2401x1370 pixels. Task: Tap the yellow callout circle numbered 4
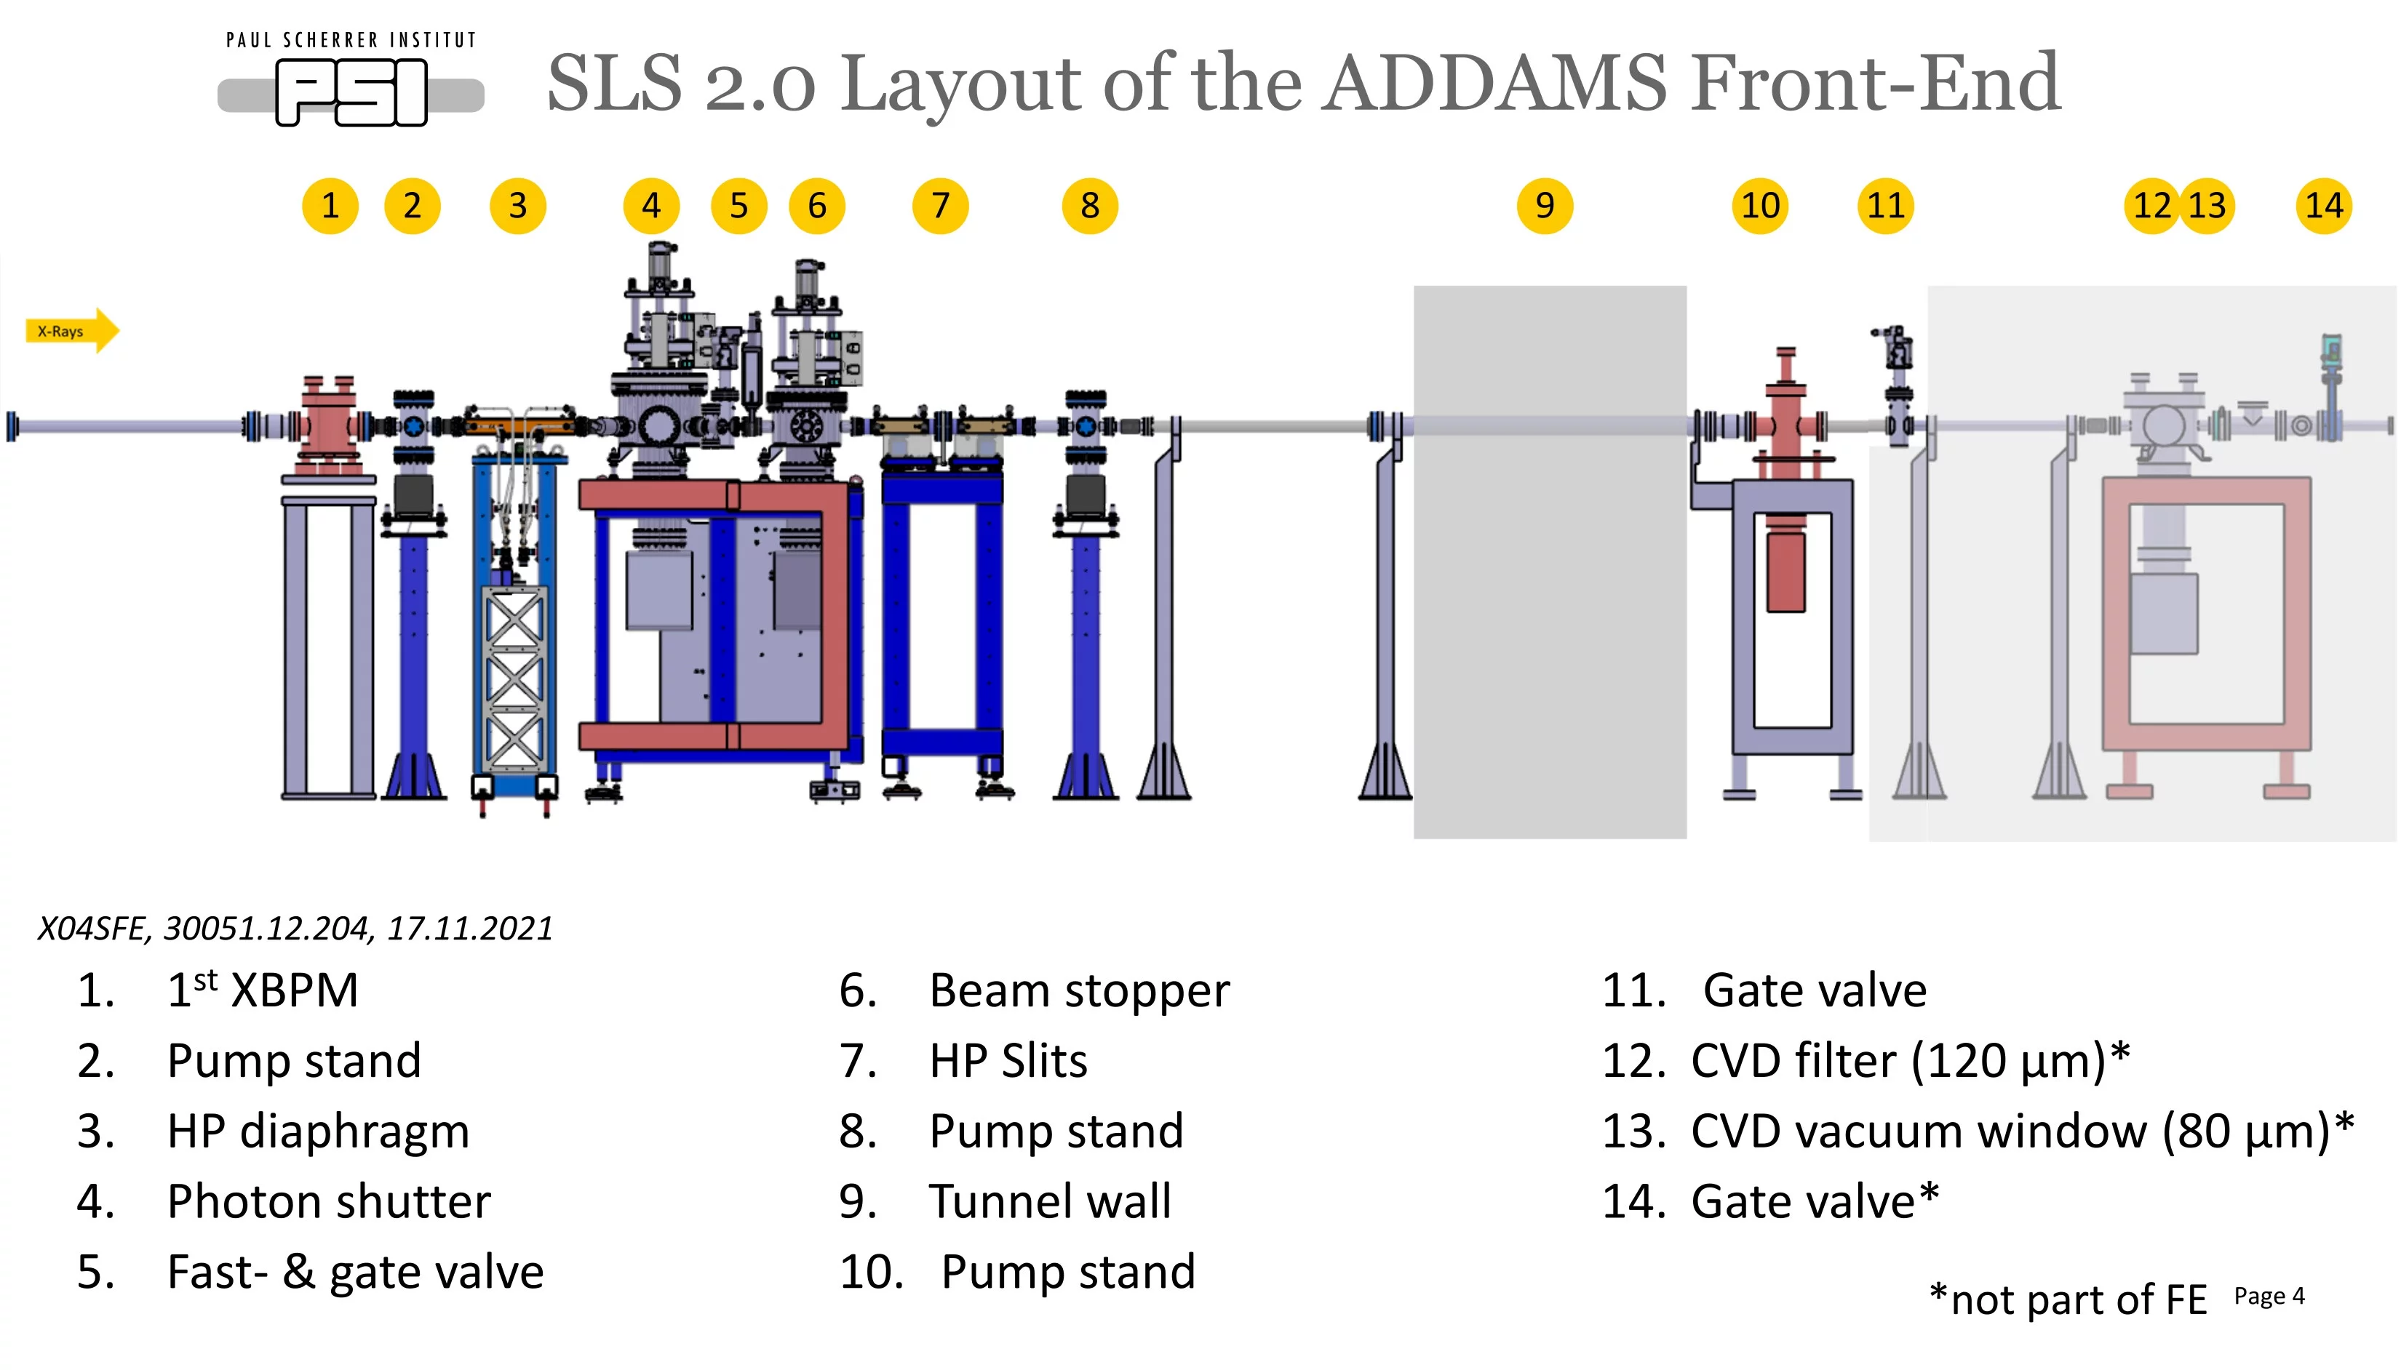point(651,206)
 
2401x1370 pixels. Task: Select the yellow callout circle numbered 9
point(1545,206)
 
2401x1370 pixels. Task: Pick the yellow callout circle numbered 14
point(2323,206)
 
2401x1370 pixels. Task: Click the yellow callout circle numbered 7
point(940,206)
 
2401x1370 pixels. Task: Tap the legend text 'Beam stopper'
point(1078,991)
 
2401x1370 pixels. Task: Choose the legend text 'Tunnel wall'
point(1049,1201)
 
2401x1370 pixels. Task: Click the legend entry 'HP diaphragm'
point(318,1131)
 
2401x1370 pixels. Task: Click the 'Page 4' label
point(2269,1297)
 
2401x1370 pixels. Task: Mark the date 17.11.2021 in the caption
point(470,929)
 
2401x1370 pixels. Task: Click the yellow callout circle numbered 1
point(330,206)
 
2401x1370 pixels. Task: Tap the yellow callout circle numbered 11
point(1885,206)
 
